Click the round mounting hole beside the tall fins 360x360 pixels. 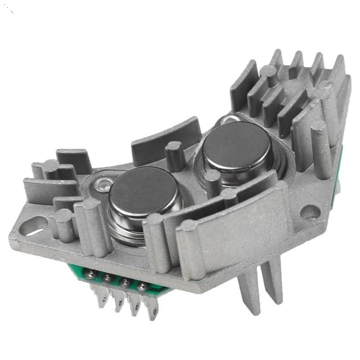point(310,212)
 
